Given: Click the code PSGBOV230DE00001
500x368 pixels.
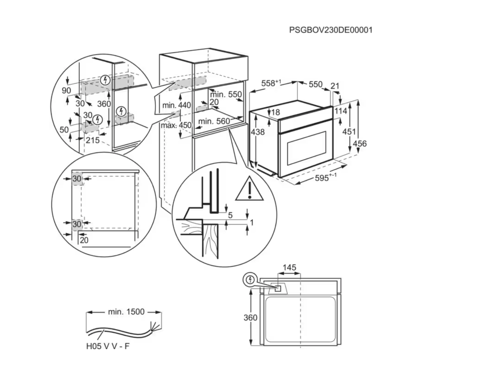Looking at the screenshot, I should [331, 30].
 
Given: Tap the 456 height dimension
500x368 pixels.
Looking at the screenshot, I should [360, 143].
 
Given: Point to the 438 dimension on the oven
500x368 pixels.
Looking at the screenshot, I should [258, 132].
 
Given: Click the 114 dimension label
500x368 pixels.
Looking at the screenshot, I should [341, 111].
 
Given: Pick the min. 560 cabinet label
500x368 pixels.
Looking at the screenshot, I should [214, 121].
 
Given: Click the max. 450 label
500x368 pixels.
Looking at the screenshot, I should [176, 125].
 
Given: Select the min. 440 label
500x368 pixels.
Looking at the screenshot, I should [176, 105].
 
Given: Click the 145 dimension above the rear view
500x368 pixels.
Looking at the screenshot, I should [289, 268].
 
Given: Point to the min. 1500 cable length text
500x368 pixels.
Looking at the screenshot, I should [126, 312].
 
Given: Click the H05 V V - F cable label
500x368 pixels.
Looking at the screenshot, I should [108, 346].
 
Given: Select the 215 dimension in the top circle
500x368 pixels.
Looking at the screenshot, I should [93, 140].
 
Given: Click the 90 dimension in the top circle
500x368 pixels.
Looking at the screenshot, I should [66, 90].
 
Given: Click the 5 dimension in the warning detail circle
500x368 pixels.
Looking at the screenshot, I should [230, 215].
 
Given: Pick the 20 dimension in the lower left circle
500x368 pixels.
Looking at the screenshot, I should [84, 240].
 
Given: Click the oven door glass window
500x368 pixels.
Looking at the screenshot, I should [307, 148].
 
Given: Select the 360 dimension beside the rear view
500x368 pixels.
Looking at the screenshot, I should [250, 318].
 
